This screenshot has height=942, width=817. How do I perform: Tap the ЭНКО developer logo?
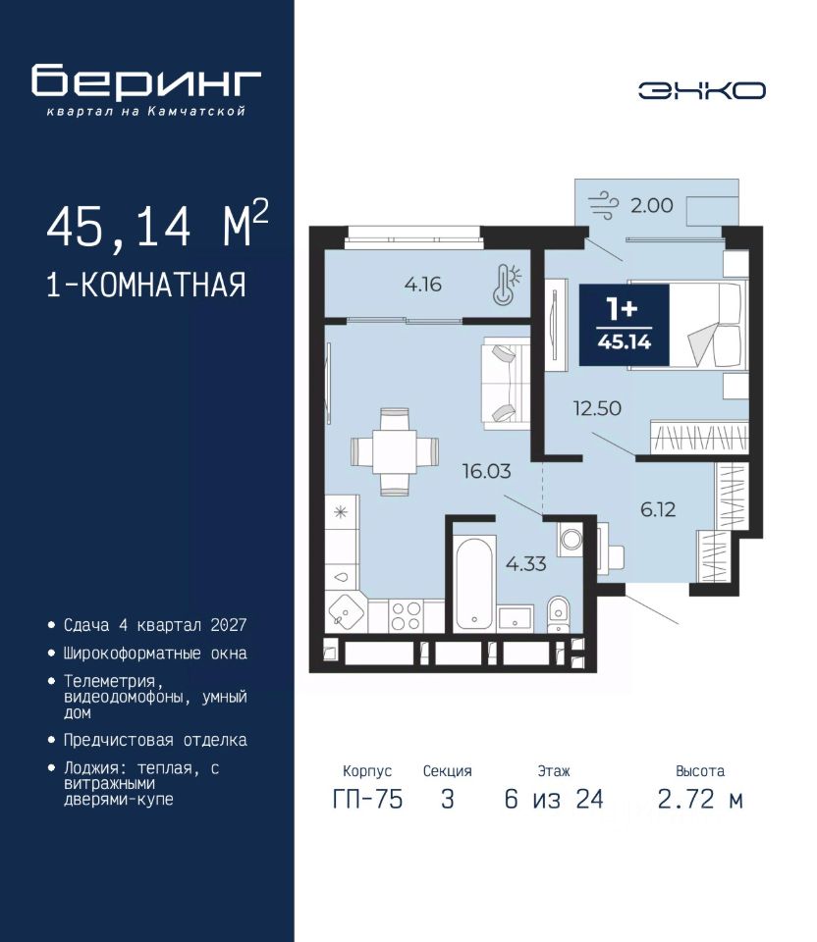[701, 90]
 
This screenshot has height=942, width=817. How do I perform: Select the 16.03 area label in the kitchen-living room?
[486, 471]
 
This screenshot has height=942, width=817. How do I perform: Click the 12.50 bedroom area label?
[596, 408]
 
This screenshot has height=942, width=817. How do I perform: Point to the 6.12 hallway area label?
[658, 509]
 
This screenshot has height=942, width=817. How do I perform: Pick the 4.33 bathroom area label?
[525, 563]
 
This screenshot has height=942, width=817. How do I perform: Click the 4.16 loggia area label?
[422, 284]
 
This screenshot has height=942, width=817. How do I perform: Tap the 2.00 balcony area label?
[651, 205]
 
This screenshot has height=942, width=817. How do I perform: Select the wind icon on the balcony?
[602, 205]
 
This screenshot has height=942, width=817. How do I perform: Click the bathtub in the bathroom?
[475, 583]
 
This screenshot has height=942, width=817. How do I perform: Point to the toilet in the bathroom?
[558, 613]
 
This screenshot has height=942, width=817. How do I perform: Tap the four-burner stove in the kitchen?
[406, 616]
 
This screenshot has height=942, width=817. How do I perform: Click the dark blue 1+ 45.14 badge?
[624, 325]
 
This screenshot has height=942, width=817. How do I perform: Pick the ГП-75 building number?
[367, 799]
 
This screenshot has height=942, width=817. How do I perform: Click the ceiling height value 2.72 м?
[700, 799]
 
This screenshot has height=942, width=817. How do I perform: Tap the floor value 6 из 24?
[554, 799]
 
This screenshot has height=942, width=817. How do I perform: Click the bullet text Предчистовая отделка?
[155, 740]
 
